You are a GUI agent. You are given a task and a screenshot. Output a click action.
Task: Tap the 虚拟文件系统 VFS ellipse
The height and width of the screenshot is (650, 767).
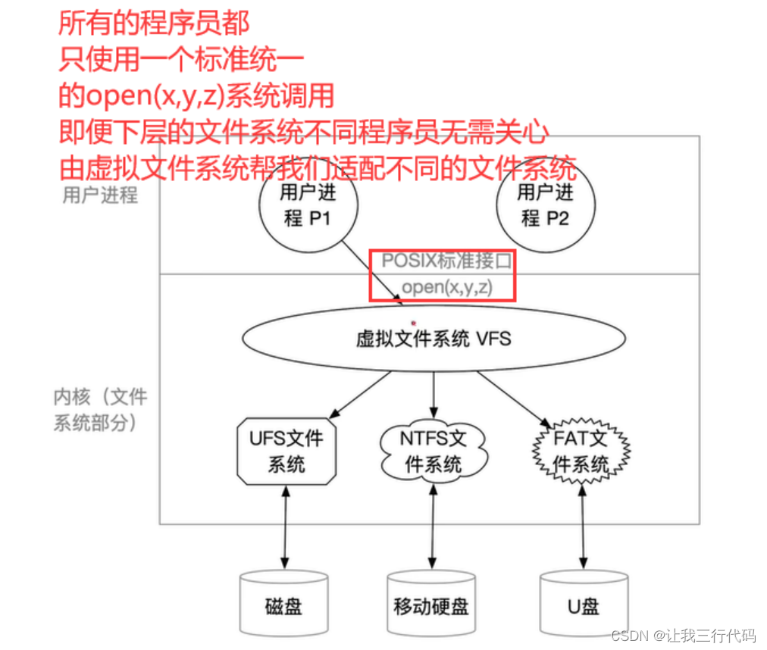(434, 338)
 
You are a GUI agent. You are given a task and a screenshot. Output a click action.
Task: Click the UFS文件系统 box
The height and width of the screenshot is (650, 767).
(286, 450)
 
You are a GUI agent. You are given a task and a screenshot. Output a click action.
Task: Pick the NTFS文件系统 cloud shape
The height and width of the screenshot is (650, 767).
(434, 450)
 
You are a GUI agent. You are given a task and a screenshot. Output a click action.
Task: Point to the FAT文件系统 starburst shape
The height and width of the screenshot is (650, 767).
(581, 452)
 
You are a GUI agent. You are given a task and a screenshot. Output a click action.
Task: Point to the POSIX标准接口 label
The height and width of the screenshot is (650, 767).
(448, 261)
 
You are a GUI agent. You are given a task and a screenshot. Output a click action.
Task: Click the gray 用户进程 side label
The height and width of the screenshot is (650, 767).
(100, 195)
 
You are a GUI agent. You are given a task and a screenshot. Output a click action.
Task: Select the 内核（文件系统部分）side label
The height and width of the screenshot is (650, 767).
(100, 409)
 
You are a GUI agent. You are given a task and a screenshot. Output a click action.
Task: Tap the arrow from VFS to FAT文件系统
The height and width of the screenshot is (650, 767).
(514, 396)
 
